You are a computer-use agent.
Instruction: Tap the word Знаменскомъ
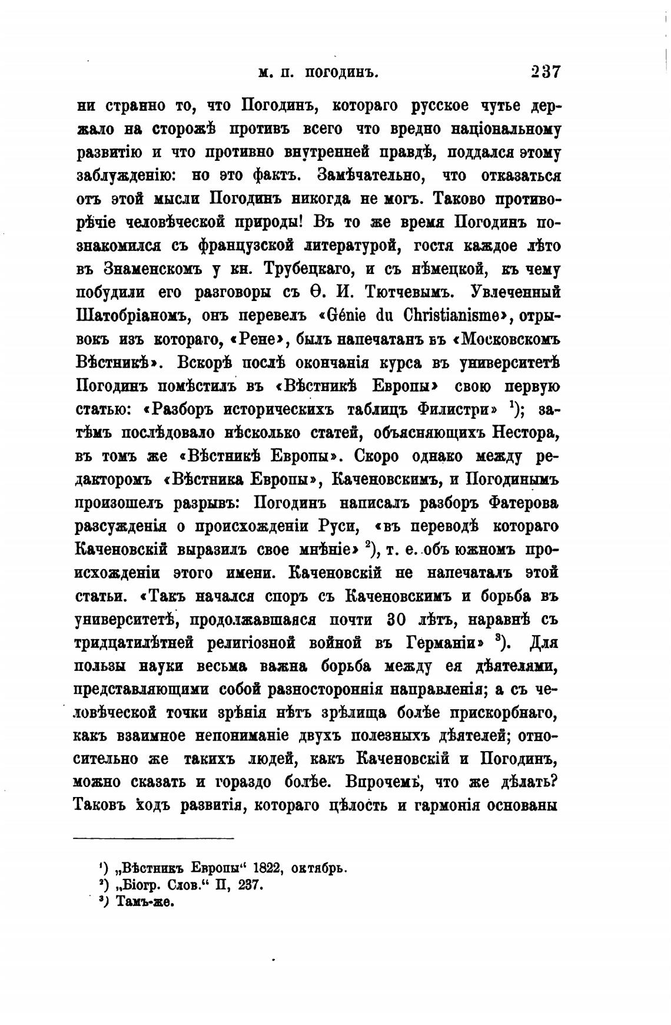(x=153, y=269)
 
